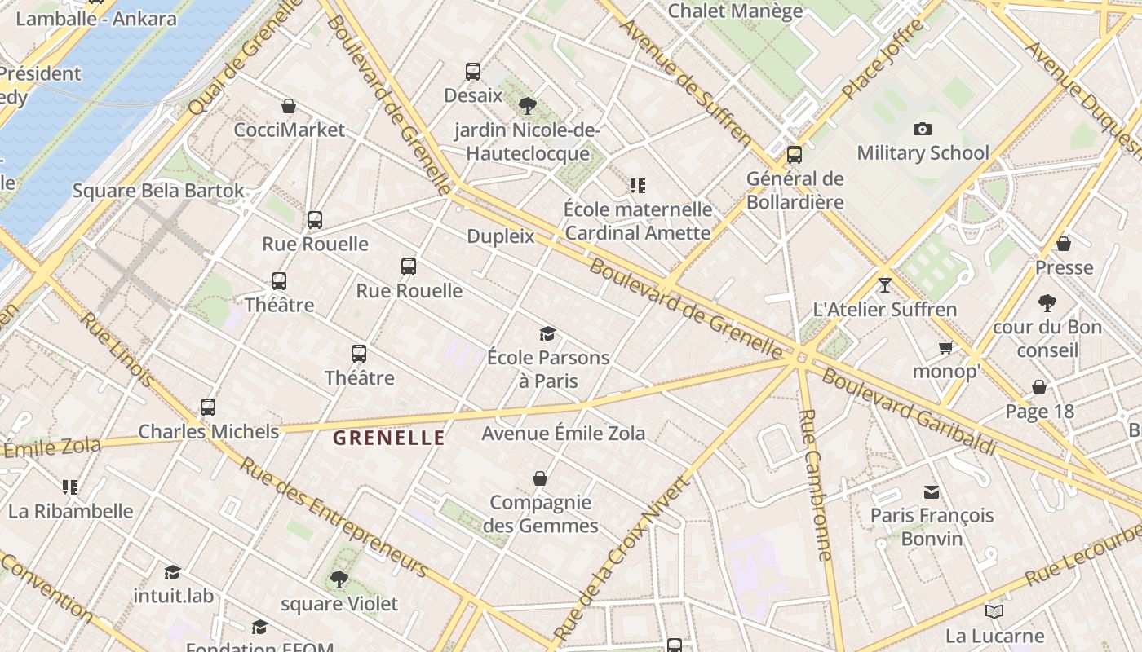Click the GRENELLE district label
(389, 438)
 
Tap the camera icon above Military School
(923, 129)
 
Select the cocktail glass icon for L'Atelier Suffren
(884, 285)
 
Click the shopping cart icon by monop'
(945, 348)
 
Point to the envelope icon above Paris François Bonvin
(932, 491)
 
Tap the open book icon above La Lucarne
(994, 611)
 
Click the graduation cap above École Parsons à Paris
(547, 333)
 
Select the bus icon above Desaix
(473, 71)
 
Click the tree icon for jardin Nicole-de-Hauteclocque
(528, 105)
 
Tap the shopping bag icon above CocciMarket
(288, 106)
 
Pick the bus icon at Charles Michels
(208, 407)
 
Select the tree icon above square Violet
(339, 579)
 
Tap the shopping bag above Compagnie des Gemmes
(539, 478)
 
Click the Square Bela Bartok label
(158, 191)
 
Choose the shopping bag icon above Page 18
(1039, 387)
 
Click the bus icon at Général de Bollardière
(795, 154)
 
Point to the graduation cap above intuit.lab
(172, 572)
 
